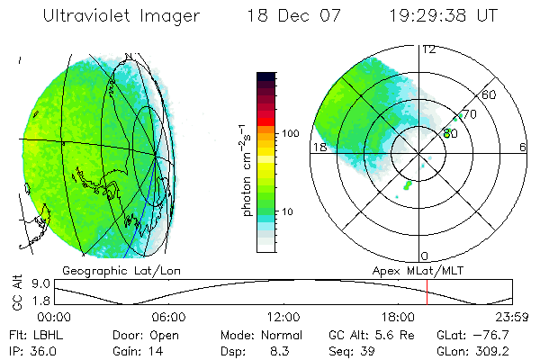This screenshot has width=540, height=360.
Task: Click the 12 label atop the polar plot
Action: [428, 49]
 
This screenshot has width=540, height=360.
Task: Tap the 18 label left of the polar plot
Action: [319, 147]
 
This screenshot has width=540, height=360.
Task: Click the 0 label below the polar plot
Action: [425, 256]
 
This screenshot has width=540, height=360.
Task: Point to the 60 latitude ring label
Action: [490, 94]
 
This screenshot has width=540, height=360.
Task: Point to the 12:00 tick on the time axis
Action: [283, 318]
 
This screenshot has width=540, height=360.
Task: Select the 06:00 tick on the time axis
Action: [169, 318]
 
